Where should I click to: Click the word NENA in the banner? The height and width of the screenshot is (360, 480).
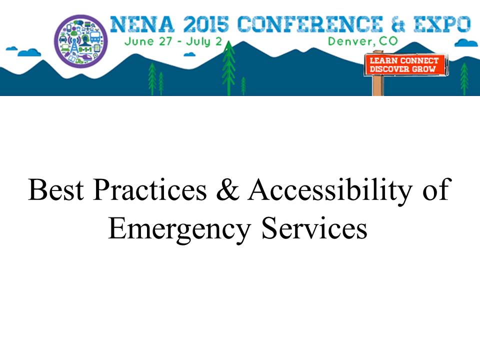tap(142, 24)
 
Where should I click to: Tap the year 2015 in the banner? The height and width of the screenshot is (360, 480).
tap(206, 24)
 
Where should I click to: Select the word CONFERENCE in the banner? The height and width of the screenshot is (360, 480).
tap(310, 24)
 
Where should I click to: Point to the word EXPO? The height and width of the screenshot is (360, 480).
tap(442, 24)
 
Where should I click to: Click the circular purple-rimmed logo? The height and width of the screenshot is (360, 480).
tap(81, 40)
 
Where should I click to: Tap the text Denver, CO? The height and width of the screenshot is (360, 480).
tap(363, 41)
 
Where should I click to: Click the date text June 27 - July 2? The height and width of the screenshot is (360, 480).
tap(173, 41)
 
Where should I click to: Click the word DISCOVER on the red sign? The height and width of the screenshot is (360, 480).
tap(389, 69)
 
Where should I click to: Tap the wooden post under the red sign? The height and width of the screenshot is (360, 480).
tap(378, 85)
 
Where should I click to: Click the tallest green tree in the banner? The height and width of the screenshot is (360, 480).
tap(228, 67)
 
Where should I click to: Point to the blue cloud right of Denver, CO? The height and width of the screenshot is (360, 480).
tap(466, 43)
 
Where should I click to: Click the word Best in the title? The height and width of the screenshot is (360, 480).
tap(55, 190)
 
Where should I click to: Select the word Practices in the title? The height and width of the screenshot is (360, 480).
tap(150, 190)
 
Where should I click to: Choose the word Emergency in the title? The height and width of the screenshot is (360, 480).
tap(179, 230)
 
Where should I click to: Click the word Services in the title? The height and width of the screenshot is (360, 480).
tap(314, 228)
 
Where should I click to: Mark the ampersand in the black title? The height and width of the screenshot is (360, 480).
tap(227, 190)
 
